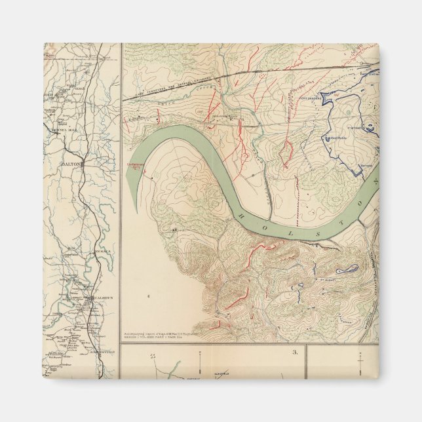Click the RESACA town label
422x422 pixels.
tap(100, 251)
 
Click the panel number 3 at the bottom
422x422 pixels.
tap(296, 352)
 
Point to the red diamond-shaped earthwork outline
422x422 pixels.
tap(286, 154)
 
